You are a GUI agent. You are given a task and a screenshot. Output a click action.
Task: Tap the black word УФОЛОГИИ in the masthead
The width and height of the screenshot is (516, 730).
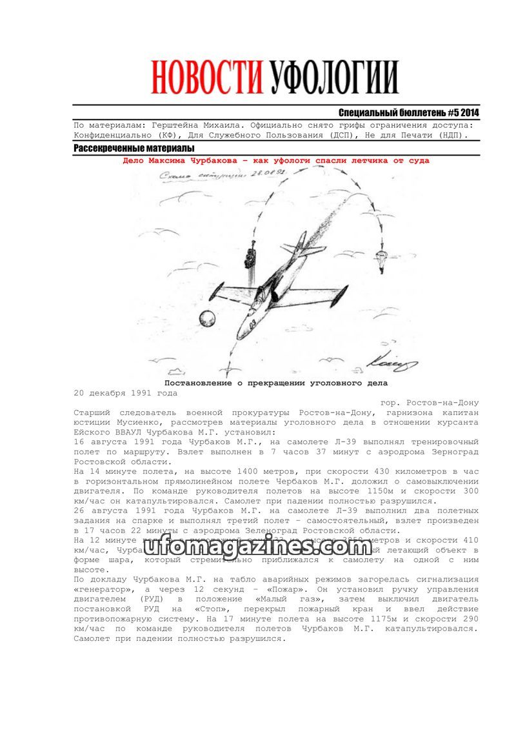(x=333, y=78)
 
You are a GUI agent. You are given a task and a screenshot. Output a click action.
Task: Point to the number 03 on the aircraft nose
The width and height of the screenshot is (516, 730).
(x=252, y=323)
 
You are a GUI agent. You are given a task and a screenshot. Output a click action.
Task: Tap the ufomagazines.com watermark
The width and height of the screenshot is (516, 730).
(x=257, y=547)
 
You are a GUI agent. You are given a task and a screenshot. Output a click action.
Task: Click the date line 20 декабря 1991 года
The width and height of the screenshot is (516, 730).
(x=125, y=392)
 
